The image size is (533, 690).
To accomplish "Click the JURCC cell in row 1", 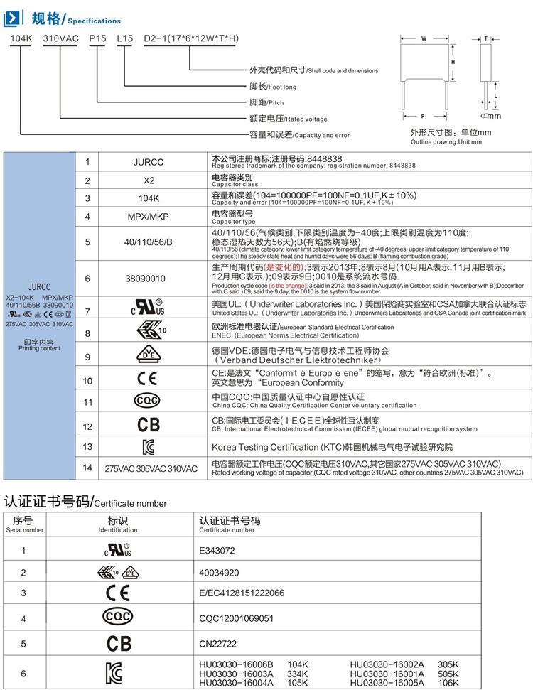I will click(x=149, y=162).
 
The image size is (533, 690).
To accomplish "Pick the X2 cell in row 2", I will click(x=149, y=180).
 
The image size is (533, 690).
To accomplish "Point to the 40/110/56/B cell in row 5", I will click(x=149, y=242).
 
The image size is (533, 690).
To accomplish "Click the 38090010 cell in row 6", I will click(x=149, y=279).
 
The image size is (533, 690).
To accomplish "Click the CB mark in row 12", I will click(x=148, y=425).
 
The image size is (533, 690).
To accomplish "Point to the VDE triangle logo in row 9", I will click(x=147, y=356).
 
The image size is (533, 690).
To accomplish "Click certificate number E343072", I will click(x=217, y=550).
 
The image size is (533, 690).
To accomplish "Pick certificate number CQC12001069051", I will click(x=236, y=618).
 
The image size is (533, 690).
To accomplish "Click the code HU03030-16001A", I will click(x=387, y=673).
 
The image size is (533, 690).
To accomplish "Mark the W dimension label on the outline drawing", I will click(x=424, y=38).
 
